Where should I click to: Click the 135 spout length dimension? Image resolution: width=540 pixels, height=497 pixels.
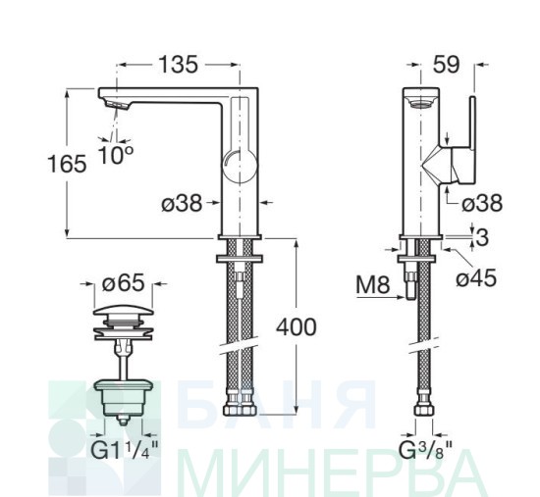[178, 65]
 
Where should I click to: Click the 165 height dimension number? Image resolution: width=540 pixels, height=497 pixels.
[67, 164]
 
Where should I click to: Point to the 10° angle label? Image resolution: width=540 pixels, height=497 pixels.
[116, 155]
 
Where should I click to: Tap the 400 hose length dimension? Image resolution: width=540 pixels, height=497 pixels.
[297, 327]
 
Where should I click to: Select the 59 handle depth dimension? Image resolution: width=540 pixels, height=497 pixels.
[447, 65]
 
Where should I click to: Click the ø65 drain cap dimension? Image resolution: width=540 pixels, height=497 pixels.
[124, 283]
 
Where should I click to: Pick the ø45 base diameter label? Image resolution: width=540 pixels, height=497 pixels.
[476, 277]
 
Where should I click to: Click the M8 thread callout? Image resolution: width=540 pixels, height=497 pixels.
[373, 285]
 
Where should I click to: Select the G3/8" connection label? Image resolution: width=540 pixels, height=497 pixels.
[425, 450]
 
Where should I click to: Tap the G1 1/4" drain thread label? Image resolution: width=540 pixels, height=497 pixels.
[125, 450]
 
